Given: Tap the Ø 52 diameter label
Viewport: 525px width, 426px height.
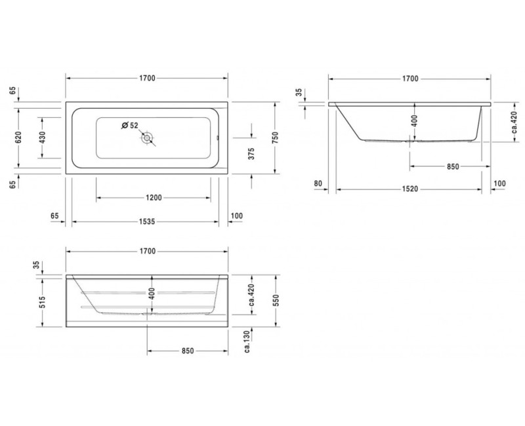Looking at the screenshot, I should (x=129, y=125).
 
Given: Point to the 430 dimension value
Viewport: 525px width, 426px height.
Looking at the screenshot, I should (x=43, y=137).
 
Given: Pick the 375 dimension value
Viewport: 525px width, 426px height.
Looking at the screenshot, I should (x=251, y=155).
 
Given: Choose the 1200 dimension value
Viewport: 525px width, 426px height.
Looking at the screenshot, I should (x=154, y=197).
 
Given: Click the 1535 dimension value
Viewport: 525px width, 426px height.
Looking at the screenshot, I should (x=146, y=222).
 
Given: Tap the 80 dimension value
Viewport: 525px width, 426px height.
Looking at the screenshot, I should (x=318, y=184).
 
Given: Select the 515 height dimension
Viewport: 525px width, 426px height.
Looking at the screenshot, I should (x=43, y=301).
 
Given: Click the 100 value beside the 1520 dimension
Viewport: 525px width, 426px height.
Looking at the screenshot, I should (x=500, y=184).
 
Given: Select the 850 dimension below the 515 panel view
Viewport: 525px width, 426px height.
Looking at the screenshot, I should (x=187, y=351).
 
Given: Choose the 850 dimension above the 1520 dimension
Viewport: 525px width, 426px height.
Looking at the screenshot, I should (x=452, y=166).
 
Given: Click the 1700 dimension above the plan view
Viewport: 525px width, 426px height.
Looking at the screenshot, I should (x=146, y=78).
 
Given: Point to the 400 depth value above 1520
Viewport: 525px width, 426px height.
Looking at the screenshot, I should (x=413, y=121).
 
